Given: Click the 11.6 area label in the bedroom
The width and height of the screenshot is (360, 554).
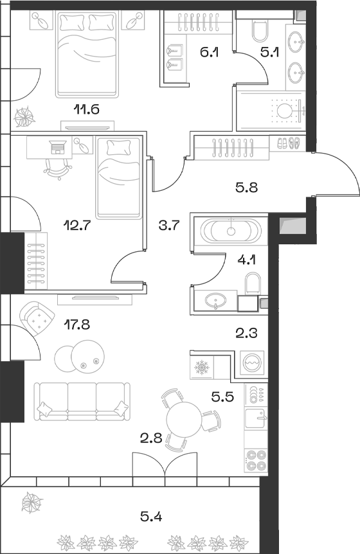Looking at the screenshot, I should tap(86, 109).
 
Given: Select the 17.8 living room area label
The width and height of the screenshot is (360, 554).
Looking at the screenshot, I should tap(76, 325).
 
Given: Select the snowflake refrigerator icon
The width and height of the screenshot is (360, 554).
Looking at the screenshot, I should tap(203, 368).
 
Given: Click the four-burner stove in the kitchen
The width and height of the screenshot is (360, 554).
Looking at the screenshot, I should tap(255, 462).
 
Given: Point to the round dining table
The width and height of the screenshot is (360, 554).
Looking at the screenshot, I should tap(186, 421).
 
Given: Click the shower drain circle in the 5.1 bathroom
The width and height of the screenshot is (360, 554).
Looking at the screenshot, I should tap(285, 111).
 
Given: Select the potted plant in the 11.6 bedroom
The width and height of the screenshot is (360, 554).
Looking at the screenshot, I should tap(26, 117).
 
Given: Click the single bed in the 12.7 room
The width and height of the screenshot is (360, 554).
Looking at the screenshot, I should tap(118, 178).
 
